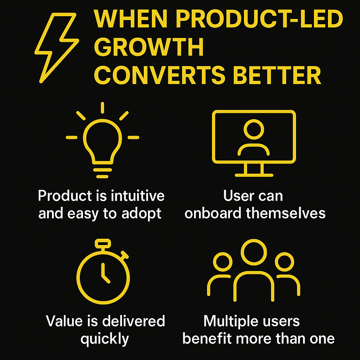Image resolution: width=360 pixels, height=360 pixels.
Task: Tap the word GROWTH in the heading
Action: coord(149,47)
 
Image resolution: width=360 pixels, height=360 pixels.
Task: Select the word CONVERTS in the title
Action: coord(160,75)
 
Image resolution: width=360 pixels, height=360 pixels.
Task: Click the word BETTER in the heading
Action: coord(277,75)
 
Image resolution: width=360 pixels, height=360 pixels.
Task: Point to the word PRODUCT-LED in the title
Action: coord(259,19)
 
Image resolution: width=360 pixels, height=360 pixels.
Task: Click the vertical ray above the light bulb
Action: coord(102,108)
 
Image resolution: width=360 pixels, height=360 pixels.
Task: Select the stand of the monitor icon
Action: coord(254,170)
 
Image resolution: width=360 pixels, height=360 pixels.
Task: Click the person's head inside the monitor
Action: coord(254,129)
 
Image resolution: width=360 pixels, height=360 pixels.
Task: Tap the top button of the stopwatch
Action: coord(103,244)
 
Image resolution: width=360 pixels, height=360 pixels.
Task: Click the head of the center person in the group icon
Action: coord(254,252)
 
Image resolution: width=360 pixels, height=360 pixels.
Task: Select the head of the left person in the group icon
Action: coord(223,262)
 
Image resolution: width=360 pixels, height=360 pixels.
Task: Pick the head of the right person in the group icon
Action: coord(284,262)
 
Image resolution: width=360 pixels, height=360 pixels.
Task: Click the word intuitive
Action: coord(137,196)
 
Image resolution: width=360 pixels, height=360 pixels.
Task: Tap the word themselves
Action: coord(286,213)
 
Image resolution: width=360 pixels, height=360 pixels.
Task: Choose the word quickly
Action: coord(105,339)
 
